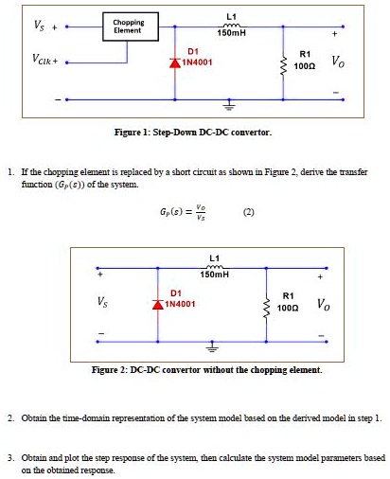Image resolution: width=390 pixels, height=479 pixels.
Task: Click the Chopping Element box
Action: coord(128,27)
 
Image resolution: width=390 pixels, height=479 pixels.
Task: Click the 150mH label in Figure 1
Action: coord(231,33)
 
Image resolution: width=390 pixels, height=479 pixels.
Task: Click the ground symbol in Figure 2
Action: coord(212,346)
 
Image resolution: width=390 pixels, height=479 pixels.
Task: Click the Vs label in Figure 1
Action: coord(22,25)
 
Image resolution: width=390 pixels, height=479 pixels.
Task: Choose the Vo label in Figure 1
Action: coord(338,62)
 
